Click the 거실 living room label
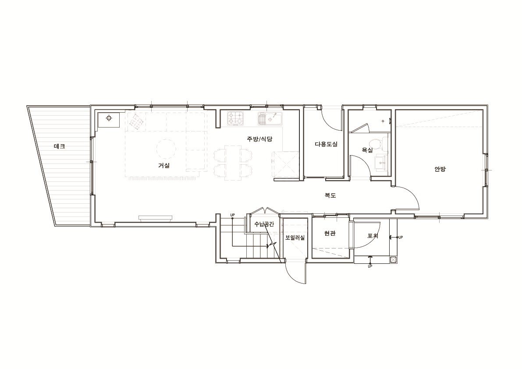pos(164,165)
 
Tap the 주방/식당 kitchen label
pos(259,139)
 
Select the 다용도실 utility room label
pos(326,144)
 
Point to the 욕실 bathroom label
pos(367,150)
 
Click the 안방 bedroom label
pos(440,169)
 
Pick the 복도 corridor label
pos(330,195)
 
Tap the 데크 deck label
pos(59,146)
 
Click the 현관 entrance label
pos(330,234)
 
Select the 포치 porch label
pos(373,236)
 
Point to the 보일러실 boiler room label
pos(295,238)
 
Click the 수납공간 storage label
pos(264,224)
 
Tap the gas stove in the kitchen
pos(236,119)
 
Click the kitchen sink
pos(270,119)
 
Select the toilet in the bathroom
pos(380,143)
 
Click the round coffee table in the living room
pos(166,149)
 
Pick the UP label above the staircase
pos(232,215)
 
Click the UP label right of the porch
pos(401,237)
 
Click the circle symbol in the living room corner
pos(109,118)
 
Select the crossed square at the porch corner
pos(393,259)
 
